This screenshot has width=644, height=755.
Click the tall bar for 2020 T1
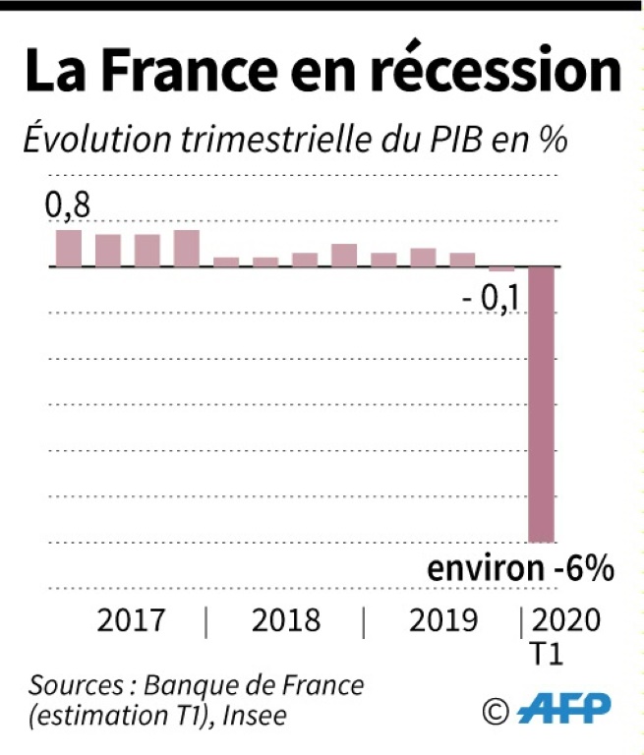click(542, 403)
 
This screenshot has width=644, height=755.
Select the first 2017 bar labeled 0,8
click(69, 248)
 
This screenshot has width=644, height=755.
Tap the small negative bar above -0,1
click(501, 268)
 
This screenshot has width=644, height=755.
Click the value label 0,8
click(67, 206)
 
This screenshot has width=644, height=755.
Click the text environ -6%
click(520, 570)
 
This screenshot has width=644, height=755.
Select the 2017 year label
click(132, 621)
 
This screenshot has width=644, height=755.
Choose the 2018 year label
click(286, 621)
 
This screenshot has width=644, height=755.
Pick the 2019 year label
click(443, 621)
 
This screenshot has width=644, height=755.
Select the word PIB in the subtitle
click(453, 141)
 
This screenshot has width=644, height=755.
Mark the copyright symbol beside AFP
click(496, 708)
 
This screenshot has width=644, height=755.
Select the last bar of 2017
click(187, 248)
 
